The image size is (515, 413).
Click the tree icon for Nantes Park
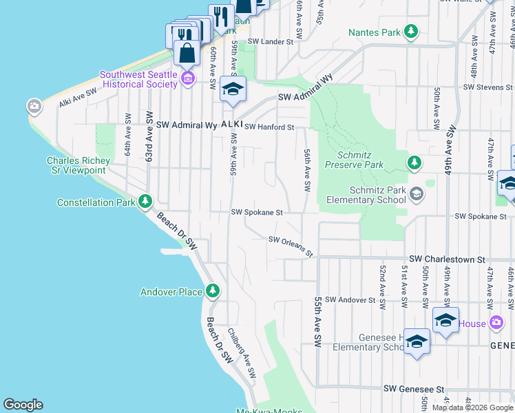coord(411,32)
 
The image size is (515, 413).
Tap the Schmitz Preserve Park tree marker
coord(414,162)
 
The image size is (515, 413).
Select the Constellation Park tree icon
coord(145,202)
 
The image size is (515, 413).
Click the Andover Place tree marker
coord(213,291)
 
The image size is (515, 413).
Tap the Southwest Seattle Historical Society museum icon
coord(187,79)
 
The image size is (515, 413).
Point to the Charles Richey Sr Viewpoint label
coord(76,165)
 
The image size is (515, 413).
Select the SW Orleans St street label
coord(291,246)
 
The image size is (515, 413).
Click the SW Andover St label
coord(350,300)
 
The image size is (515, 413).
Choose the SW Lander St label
coord(271,42)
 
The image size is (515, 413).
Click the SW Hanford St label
coord(269,127)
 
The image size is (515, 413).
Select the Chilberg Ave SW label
coord(242,352)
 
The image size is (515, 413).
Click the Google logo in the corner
coord(23,405)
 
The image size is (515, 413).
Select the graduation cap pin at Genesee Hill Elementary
coord(417,343)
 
